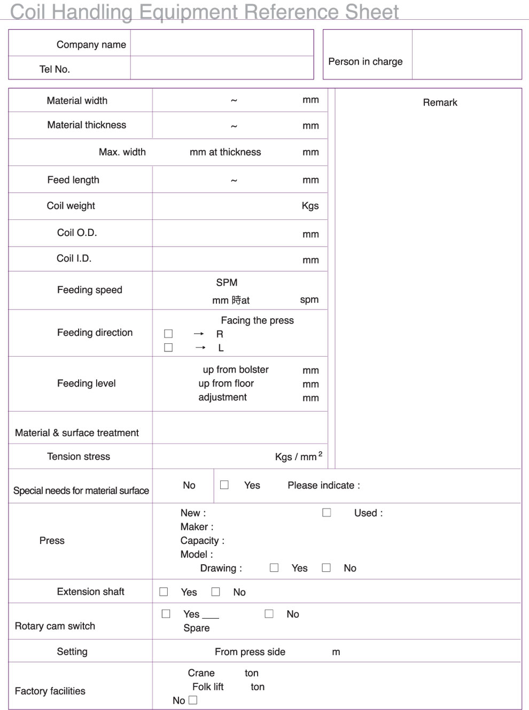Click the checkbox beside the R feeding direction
168,334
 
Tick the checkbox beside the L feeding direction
168,348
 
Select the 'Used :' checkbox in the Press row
326,512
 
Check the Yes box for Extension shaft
164,591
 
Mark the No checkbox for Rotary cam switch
269,613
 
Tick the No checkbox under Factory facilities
193,700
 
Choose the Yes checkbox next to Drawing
274,567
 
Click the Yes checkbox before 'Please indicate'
224,485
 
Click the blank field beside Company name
222,43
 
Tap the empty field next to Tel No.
222,68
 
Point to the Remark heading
440,102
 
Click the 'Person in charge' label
365,61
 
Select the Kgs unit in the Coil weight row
310,206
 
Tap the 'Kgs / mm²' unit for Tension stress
298,456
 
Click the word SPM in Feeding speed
227,282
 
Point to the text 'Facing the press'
257,320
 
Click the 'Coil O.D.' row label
77,233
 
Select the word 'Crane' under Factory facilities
201,673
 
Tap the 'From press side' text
250,652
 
